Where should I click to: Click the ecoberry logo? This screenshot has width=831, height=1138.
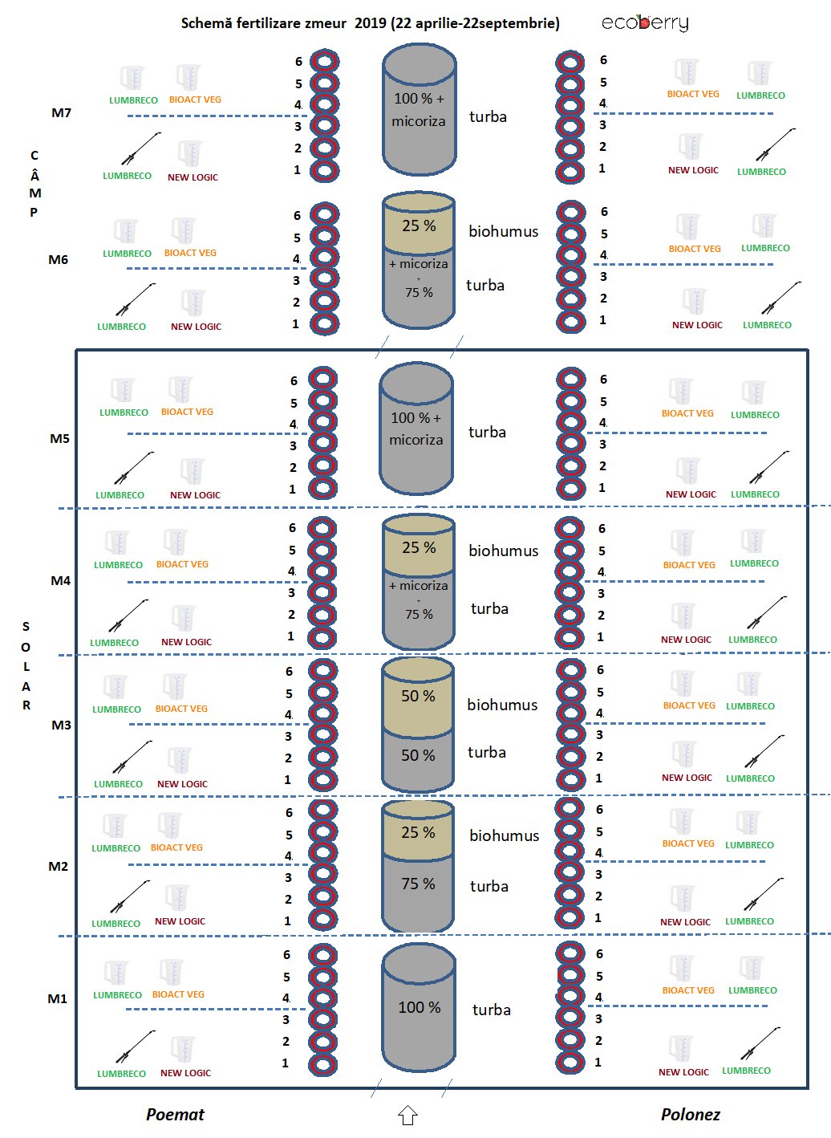pyautogui.click(x=645, y=23)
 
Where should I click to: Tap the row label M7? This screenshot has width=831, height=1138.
pyautogui.click(x=62, y=113)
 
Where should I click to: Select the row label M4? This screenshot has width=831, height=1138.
pyautogui.click(x=60, y=580)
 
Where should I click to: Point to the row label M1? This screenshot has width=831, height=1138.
pyautogui.click(x=58, y=999)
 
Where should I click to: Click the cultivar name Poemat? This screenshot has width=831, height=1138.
pyautogui.click(x=175, y=1115)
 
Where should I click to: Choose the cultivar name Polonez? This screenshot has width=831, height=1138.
pyautogui.click(x=691, y=1115)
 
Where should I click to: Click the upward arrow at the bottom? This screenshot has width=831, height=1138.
pyautogui.click(x=407, y=1116)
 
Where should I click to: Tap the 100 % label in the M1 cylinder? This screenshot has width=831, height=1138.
pyautogui.click(x=420, y=1007)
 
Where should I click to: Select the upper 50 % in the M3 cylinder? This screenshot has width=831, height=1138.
pyautogui.click(x=418, y=696)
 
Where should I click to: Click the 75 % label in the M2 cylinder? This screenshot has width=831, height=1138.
pyautogui.click(x=418, y=884)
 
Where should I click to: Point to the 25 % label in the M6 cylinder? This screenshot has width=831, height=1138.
pyautogui.click(x=419, y=226)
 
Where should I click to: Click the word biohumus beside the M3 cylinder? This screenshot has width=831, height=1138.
pyautogui.click(x=502, y=705)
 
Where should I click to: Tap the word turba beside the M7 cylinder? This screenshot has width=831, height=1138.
pyautogui.click(x=488, y=117)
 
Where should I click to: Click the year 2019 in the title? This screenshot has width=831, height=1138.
pyautogui.click(x=371, y=23)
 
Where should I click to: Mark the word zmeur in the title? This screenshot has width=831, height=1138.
pyautogui.click(x=326, y=23)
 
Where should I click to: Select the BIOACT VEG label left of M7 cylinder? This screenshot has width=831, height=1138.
pyautogui.click(x=195, y=100)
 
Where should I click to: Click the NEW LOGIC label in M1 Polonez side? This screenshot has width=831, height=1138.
pyautogui.click(x=683, y=1072)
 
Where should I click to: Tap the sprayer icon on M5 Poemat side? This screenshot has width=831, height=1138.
pyautogui.click(x=134, y=467)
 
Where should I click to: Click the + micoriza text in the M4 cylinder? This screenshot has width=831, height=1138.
pyautogui.click(x=418, y=586)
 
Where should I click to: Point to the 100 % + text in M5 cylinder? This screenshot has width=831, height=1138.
pyautogui.click(x=415, y=417)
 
